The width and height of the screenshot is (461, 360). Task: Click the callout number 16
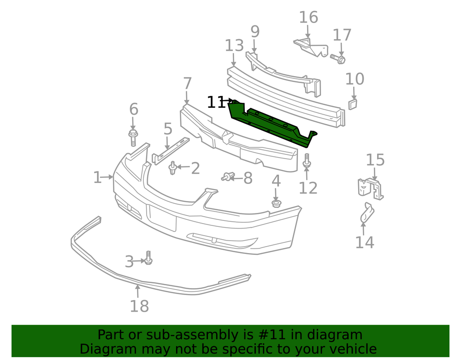[308, 18]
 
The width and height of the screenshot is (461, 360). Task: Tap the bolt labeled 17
[338, 59]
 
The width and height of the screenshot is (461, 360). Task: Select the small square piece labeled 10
[353, 104]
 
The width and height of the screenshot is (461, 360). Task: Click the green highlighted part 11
[272, 124]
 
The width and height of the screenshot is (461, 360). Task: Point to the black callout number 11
[216, 102]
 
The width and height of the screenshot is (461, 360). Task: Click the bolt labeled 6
[133, 137]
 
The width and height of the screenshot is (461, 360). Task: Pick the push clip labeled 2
[172, 168]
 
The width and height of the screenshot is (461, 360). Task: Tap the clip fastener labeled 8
[227, 177]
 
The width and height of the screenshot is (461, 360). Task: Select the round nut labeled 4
[276, 203]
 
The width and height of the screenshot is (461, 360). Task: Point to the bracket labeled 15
[371, 189]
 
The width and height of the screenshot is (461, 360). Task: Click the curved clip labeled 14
[367, 212]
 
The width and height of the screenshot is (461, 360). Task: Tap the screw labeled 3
[148, 258]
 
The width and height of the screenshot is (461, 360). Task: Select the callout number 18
[139, 306]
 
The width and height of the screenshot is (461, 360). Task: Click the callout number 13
[234, 46]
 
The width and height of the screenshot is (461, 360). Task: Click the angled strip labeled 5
[171, 150]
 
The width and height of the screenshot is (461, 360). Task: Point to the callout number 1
[97, 177]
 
